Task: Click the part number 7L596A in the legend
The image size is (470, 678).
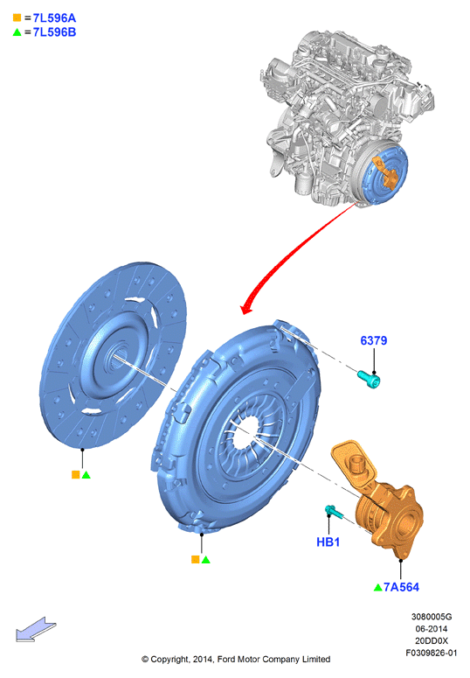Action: (x=54, y=18)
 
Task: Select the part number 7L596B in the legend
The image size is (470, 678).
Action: (x=54, y=32)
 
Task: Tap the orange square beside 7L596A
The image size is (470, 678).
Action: (x=17, y=17)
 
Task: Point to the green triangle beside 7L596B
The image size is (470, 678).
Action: (x=17, y=32)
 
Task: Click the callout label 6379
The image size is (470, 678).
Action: (x=374, y=340)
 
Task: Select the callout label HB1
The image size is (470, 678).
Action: (x=328, y=542)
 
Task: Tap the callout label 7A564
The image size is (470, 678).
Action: (x=401, y=587)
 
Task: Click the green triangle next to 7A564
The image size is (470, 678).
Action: (x=378, y=587)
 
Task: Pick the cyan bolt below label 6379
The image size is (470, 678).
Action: (x=369, y=379)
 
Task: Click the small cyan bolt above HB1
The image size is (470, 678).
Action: (x=334, y=512)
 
